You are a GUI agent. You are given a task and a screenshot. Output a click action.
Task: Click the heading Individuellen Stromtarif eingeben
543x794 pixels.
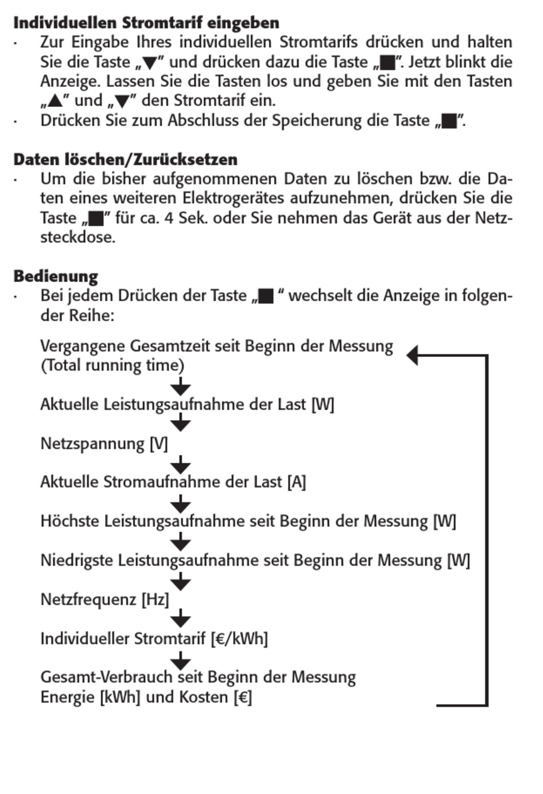[146, 23]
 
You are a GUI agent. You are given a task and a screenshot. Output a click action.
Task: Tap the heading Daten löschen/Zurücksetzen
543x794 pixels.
[125, 159]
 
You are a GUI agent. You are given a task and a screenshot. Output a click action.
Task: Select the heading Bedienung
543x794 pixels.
[55, 277]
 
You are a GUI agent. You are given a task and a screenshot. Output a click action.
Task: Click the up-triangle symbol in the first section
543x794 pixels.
[54, 101]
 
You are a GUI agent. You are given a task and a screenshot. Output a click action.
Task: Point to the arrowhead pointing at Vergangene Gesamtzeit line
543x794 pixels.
[413, 355]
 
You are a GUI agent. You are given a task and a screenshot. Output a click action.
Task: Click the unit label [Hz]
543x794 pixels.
[155, 600]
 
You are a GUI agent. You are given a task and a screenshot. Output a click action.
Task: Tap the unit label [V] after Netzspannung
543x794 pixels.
[158, 444]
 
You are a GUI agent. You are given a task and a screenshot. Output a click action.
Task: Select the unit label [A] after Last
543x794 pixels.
[297, 482]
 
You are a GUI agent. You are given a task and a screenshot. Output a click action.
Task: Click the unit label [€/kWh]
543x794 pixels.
[239, 639]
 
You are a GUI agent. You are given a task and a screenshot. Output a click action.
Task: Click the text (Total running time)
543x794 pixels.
[112, 366]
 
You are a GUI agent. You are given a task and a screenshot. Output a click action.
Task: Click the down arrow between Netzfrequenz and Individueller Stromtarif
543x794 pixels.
[181, 619]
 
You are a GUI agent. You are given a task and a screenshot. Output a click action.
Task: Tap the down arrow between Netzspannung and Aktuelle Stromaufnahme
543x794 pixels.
[181, 463]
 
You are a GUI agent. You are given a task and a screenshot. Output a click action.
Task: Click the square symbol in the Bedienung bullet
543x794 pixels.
[266, 297]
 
